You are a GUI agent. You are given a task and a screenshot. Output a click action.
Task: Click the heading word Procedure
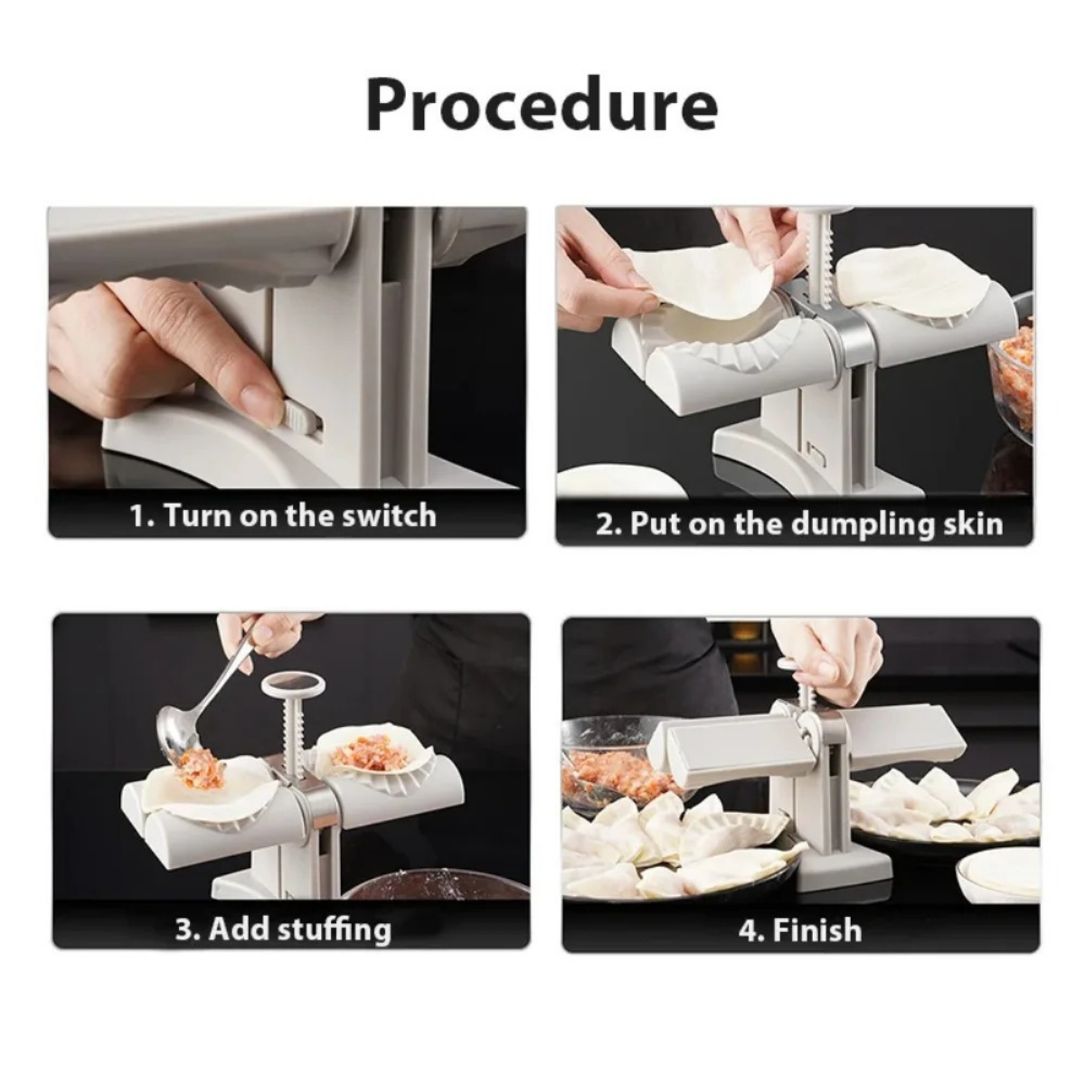(x=542, y=106)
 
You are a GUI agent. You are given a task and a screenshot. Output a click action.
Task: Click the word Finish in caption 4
(x=816, y=929)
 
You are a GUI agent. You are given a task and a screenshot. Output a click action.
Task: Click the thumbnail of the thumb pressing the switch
(x=287, y=372)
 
